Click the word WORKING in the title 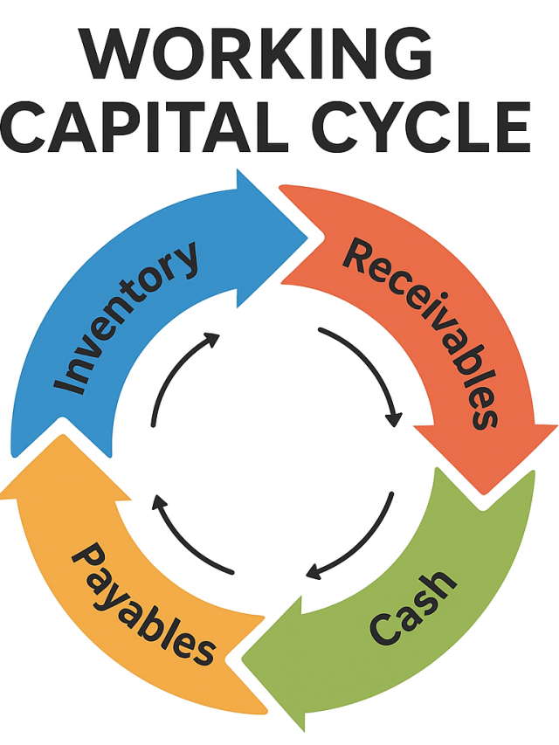pyautogui.click(x=258, y=54)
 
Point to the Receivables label pyautogui.click(x=423, y=331)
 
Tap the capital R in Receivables pyautogui.click(x=359, y=255)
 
